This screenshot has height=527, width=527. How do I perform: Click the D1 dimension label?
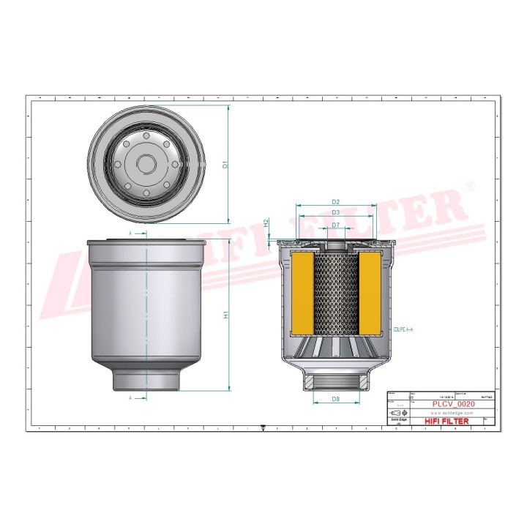pos(226,165)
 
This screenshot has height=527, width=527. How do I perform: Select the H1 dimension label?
pos(226,315)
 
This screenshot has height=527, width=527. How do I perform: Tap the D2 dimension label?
pos(335,201)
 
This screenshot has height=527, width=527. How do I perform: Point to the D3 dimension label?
pos(335,212)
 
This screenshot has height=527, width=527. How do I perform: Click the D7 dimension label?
pos(335,225)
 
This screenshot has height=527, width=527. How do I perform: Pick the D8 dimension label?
pos(335,399)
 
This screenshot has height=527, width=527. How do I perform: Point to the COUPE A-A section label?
pos(403,331)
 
